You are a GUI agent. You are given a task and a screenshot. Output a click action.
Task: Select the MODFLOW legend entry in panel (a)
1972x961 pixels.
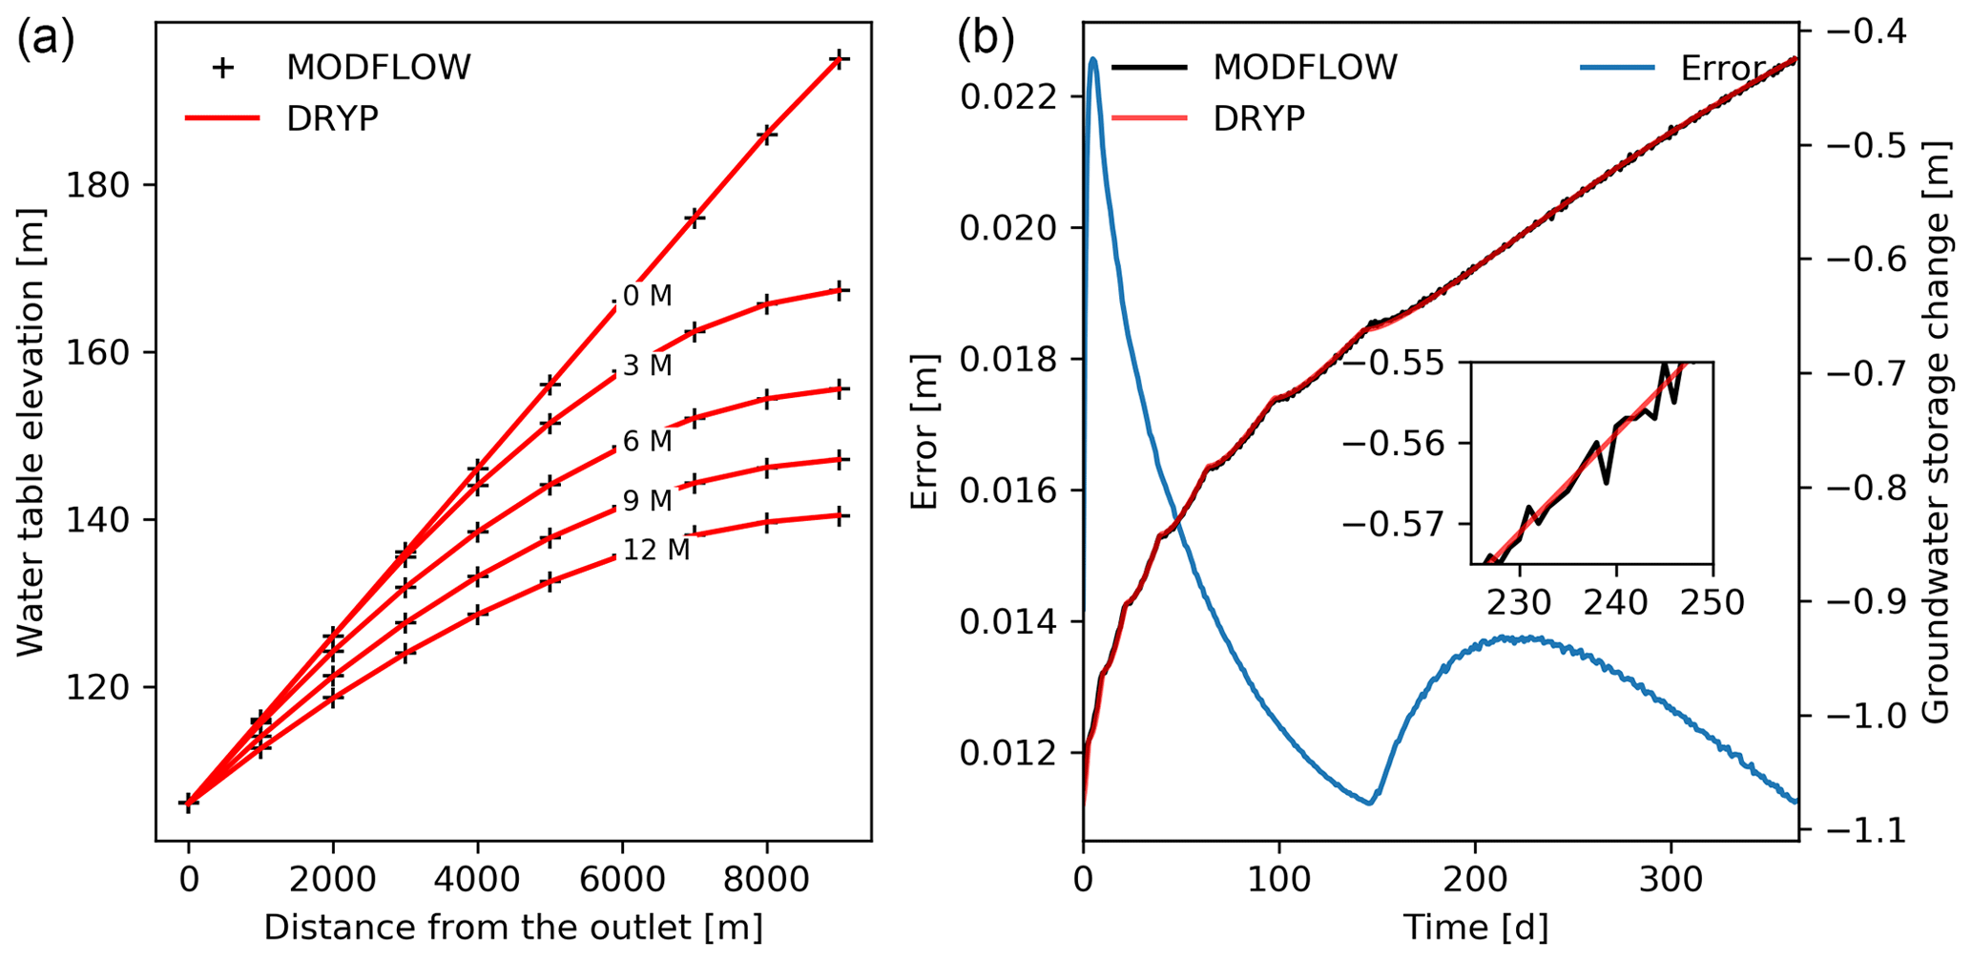coord(378,68)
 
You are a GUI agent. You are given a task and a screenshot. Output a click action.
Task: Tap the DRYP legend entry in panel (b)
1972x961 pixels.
coord(1258,118)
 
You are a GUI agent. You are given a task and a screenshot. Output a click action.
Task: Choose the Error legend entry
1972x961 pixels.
coord(1722,68)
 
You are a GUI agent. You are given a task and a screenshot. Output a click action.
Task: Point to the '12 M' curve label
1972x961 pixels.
coord(656,551)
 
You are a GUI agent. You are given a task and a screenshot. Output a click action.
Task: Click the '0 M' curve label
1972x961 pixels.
coord(648,296)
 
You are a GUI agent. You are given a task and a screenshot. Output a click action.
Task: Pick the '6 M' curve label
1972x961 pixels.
coord(648,441)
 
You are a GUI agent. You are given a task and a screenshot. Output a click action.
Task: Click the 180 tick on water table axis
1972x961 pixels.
coord(98,185)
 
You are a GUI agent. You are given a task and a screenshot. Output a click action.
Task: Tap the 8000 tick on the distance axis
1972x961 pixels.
coord(766,878)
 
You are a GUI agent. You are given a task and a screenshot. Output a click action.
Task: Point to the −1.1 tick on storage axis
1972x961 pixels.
coord(1861,831)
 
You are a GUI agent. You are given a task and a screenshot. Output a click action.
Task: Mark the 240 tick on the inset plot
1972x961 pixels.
coord(1616,603)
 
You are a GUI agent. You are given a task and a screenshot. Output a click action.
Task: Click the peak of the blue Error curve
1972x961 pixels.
coord(1093,59)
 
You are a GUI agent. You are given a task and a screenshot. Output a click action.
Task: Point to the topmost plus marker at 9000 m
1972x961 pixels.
coord(839,59)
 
